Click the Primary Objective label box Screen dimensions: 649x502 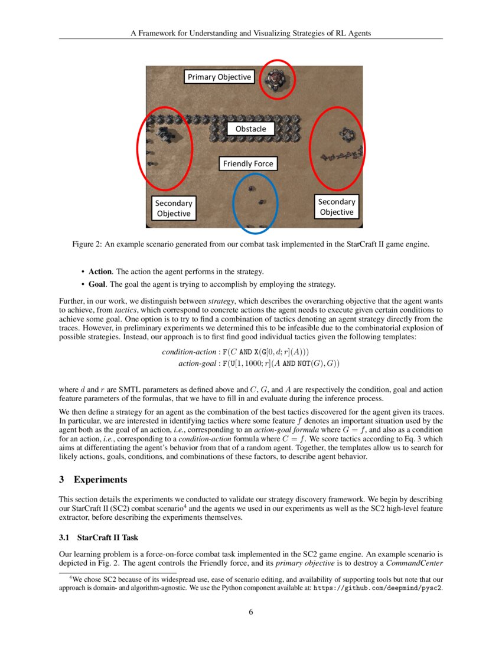click(x=219, y=77)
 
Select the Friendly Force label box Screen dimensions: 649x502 click(x=247, y=163)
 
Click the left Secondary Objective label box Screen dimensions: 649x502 click(x=174, y=208)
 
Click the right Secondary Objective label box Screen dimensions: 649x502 click(x=336, y=207)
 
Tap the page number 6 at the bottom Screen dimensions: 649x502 click(x=250, y=612)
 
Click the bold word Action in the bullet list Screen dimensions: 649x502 click(x=100, y=271)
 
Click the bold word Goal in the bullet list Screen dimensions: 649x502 click(x=96, y=285)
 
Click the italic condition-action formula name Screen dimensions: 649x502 click(x=188, y=352)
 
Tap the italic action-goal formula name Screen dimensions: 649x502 click(x=197, y=363)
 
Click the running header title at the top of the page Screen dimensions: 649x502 click(x=250, y=33)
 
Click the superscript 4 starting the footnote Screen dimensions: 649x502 click(x=71, y=578)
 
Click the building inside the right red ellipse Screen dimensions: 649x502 click(x=345, y=136)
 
